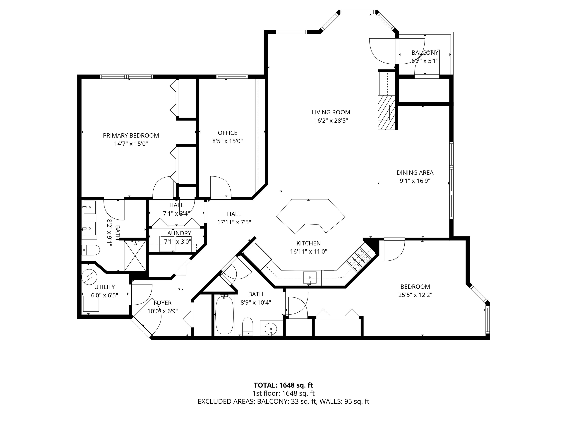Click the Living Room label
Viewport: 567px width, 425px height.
point(331,112)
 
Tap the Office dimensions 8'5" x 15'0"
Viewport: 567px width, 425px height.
point(227,141)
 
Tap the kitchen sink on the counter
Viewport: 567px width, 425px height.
point(310,277)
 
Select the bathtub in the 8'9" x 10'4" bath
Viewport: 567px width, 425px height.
point(224,315)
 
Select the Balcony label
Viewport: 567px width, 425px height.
point(425,53)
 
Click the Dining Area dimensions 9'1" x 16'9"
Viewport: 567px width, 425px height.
point(415,181)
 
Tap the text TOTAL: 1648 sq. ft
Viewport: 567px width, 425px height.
point(283,385)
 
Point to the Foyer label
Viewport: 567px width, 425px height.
point(162,303)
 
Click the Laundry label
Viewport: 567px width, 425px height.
point(178,233)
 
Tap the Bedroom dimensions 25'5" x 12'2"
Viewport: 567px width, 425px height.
point(415,295)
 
